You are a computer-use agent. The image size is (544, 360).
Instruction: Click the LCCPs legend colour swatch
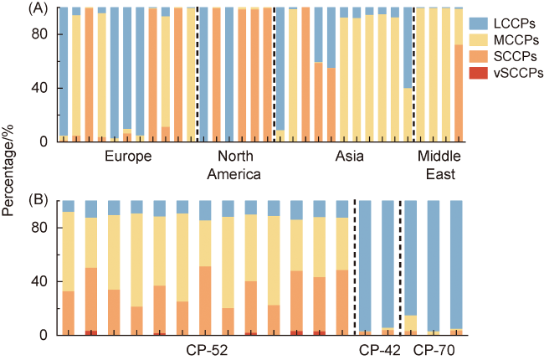479,25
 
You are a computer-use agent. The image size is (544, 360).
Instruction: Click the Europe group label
127,157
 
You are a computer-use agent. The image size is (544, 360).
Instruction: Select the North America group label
236,166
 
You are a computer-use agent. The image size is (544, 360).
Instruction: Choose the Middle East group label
438,166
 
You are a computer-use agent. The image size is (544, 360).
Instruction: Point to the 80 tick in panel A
44,34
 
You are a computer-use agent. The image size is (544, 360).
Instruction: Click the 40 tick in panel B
44,281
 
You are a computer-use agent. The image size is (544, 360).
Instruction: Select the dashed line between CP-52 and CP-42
355,268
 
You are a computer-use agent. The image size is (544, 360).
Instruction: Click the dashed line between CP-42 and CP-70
400,268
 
